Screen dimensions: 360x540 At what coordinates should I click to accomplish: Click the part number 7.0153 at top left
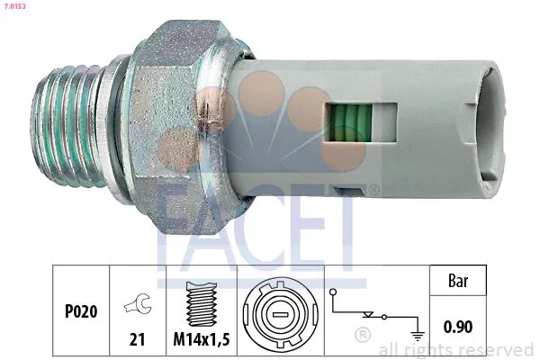click(x=15, y=6)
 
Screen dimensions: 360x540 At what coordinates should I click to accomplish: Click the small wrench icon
click(x=139, y=305)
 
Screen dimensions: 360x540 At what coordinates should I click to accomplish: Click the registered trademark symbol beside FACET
click(x=373, y=189)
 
